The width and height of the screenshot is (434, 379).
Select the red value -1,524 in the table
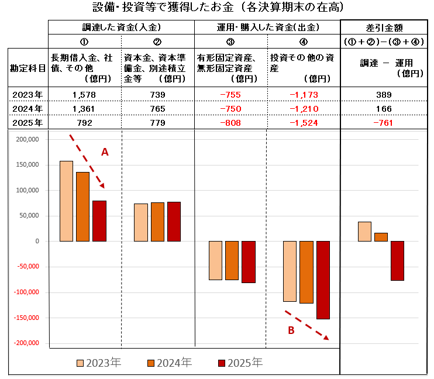[304, 123]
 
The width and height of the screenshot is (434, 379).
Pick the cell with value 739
[157, 95]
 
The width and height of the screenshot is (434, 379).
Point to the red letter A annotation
[105, 152]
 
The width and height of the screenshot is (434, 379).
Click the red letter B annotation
[291, 330]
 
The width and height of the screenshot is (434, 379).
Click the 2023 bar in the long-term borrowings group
[66, 201]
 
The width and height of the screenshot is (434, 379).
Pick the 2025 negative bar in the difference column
[397, 260]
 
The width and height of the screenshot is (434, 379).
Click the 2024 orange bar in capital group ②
[157, 222]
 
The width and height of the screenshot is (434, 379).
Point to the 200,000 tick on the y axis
[27, 139]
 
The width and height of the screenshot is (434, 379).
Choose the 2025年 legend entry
[240, 363]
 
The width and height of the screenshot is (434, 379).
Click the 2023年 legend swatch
[81, 363]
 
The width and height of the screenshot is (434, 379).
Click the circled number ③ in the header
[230, 42]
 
